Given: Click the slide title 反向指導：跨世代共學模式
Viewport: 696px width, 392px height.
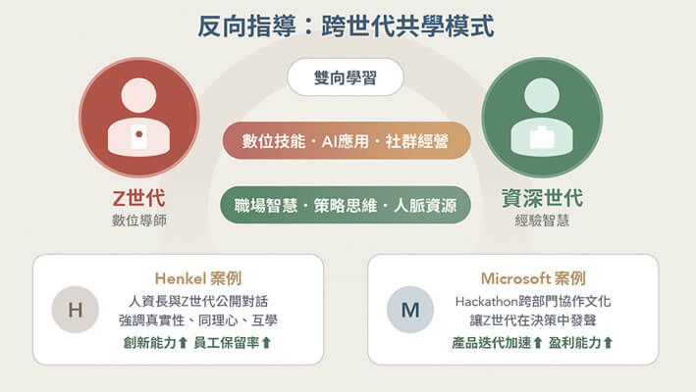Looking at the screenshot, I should click(348, 25).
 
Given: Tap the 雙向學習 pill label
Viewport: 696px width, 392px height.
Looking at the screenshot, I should click(346, 78).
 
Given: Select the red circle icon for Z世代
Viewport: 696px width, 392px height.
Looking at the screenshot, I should click(138, 118).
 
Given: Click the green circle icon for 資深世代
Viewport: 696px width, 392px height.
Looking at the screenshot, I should click(542, 118).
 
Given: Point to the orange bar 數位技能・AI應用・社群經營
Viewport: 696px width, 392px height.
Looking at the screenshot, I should click(346, 142).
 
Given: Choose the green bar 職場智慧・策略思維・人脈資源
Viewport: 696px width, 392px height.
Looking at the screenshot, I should click(346, 206).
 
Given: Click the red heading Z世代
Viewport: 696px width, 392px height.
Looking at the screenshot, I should click(138, 199).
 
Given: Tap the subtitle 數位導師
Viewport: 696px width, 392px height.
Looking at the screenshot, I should click(138, 220).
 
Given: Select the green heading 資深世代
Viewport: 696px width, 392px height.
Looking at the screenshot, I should click(542, 199).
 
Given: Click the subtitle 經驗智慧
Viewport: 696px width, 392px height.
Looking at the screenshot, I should click(542, 220).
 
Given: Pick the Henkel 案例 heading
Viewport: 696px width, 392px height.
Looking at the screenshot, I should click(197, 278).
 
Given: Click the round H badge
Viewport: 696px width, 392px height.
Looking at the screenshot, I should click(75, 311).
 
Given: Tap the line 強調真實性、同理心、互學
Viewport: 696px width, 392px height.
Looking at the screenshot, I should click(197, 320).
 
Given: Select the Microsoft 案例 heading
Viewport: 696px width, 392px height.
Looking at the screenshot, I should click(533, 278).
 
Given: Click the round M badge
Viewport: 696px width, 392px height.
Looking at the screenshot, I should click(409, 311).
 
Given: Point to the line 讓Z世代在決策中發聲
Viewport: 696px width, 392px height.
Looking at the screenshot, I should click(533, 320).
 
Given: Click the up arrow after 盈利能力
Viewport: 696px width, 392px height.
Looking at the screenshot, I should click(608, 342).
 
